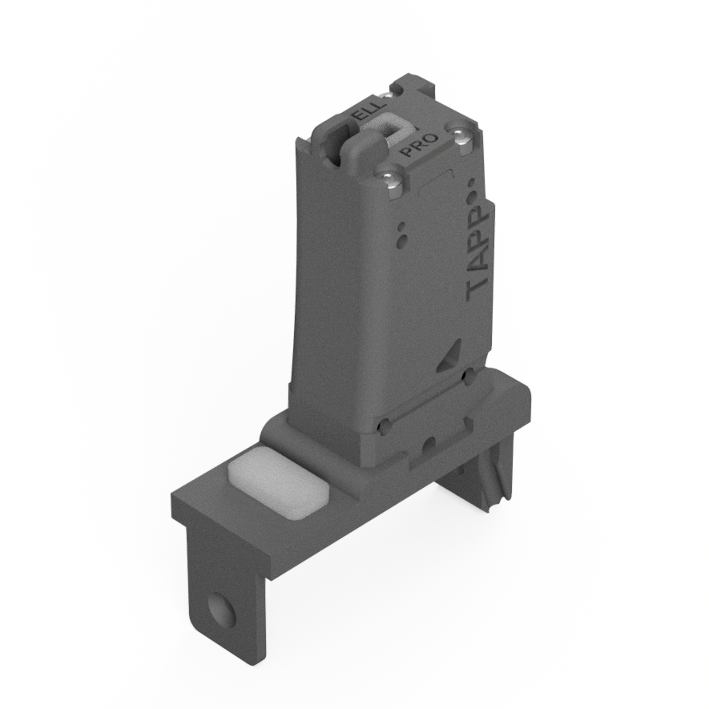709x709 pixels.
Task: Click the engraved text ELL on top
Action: pyautogui.click(x=371, y=112)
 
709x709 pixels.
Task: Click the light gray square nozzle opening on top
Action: pyautogui.click(x=392, y=126)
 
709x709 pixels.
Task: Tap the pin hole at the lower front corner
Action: pyautogui.click(x=385, y=425)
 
